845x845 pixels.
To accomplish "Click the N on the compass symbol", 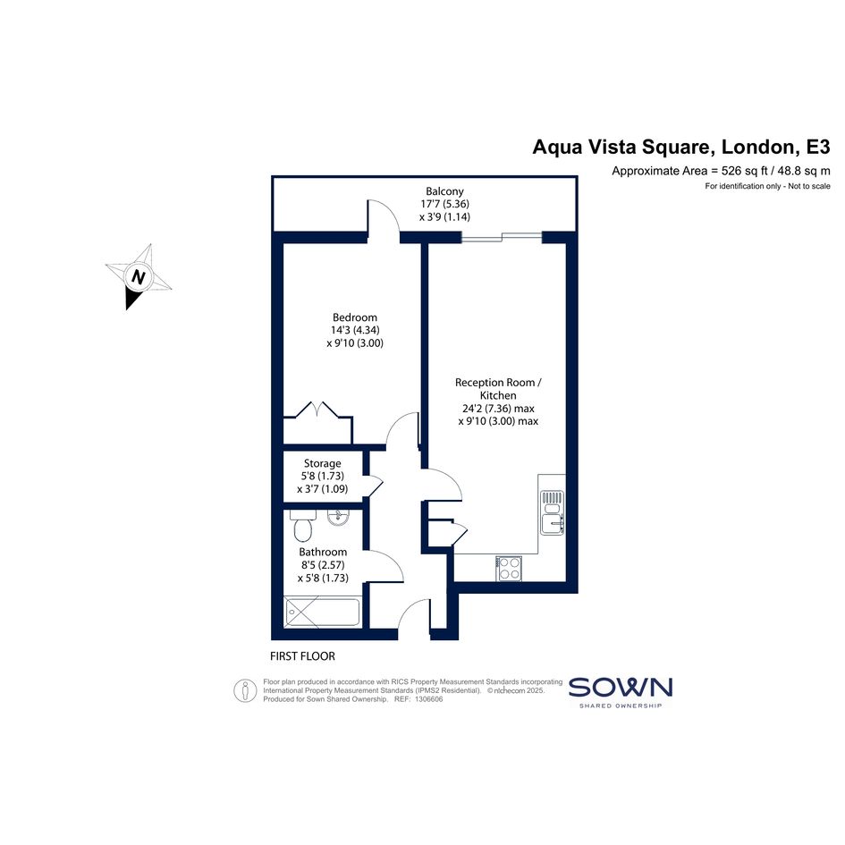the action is (139, 277).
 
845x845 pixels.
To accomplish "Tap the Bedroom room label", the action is (355, 317).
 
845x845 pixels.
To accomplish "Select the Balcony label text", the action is (444, 190).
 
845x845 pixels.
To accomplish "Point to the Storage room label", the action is (322, 463).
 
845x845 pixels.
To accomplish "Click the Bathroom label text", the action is (323, 552).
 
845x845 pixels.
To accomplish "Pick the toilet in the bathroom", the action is (302, 526).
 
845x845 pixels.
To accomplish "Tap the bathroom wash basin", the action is (338, 518).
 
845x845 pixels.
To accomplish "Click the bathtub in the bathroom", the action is (322, 612).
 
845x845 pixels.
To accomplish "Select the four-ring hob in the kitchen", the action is (510, 568).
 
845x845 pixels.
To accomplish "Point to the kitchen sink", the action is (553, 512).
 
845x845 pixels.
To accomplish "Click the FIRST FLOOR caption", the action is (302, 655).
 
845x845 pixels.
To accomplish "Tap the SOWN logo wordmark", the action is (621, 688).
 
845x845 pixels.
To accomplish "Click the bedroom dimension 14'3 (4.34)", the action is (355, 330).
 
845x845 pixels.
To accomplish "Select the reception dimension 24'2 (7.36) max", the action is (498, 409).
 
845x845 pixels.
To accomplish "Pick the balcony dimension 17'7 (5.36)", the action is (444, 204).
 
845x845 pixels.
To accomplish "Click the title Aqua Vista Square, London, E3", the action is (681, 147).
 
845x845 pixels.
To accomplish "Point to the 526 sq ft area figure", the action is (744, 171).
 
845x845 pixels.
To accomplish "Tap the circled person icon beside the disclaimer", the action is (245, 690).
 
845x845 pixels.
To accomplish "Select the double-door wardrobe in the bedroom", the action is (318, 423).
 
